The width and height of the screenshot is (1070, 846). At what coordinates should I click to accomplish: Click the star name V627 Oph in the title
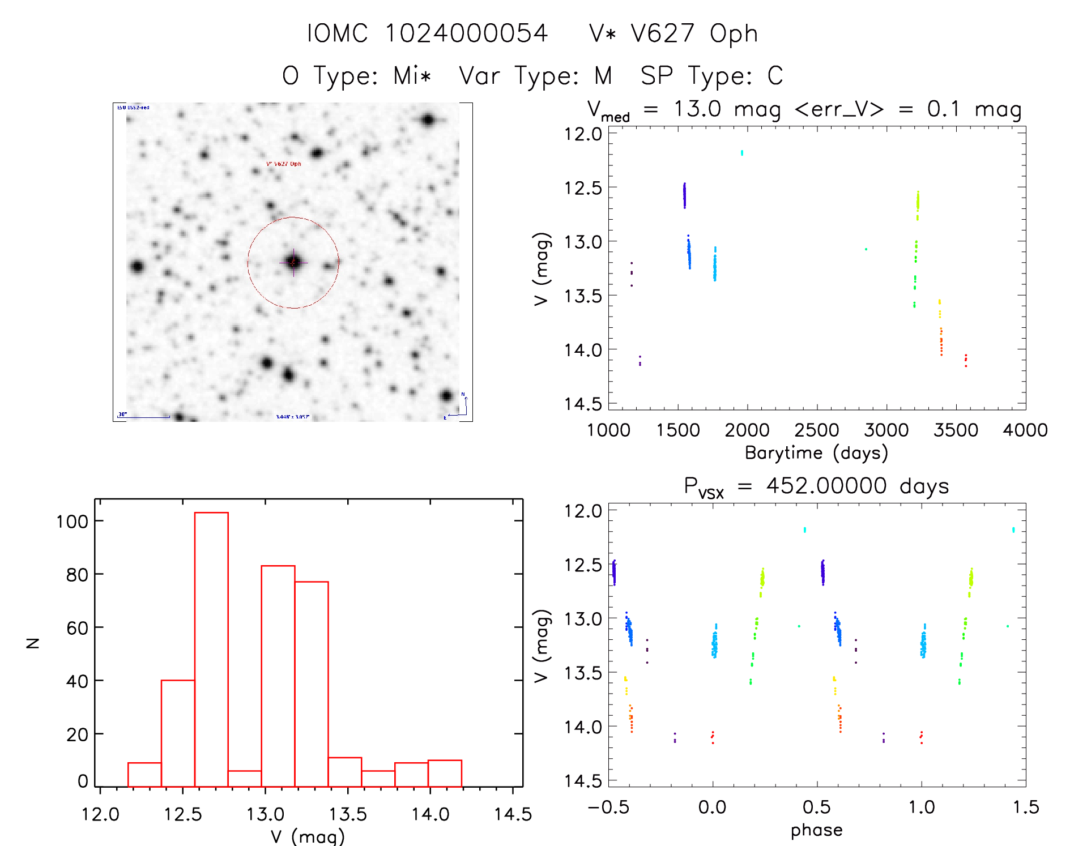(x=694, y=33)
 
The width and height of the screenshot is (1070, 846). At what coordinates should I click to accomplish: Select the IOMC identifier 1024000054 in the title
(x=466, y=33)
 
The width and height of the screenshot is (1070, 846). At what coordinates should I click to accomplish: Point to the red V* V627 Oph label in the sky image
(x=284, y=164)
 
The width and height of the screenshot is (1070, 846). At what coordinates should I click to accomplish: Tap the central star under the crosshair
(x=293, y=262)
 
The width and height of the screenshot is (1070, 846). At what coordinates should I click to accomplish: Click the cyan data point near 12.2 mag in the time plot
(x=742, y=153)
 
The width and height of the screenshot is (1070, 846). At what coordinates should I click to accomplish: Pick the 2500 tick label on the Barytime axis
(x=816, y=430)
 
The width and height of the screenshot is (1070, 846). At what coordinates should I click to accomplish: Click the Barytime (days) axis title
(x=816, y=453)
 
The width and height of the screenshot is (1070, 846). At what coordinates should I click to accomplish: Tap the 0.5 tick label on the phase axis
(x=817, y=807)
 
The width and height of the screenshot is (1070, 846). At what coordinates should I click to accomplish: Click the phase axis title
(x=816, y=830)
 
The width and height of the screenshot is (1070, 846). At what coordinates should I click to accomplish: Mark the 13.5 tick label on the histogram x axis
(x=348, y=815)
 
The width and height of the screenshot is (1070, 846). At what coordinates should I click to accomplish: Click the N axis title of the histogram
(x=33, y=643)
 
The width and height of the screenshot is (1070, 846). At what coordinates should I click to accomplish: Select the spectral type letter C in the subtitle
(x=775, y=76)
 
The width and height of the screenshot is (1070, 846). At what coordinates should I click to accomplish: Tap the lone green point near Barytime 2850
(x=866, y=249)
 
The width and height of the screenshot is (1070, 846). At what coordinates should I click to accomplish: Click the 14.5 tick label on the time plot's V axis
(x=583, y=404)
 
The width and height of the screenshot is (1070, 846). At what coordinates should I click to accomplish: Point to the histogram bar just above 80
(x=278, y=676)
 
